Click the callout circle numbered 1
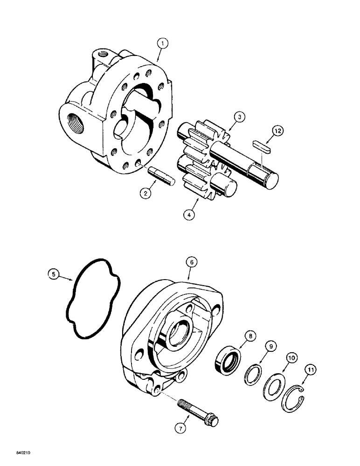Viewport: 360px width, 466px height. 162,44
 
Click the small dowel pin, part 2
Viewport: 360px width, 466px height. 161,178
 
